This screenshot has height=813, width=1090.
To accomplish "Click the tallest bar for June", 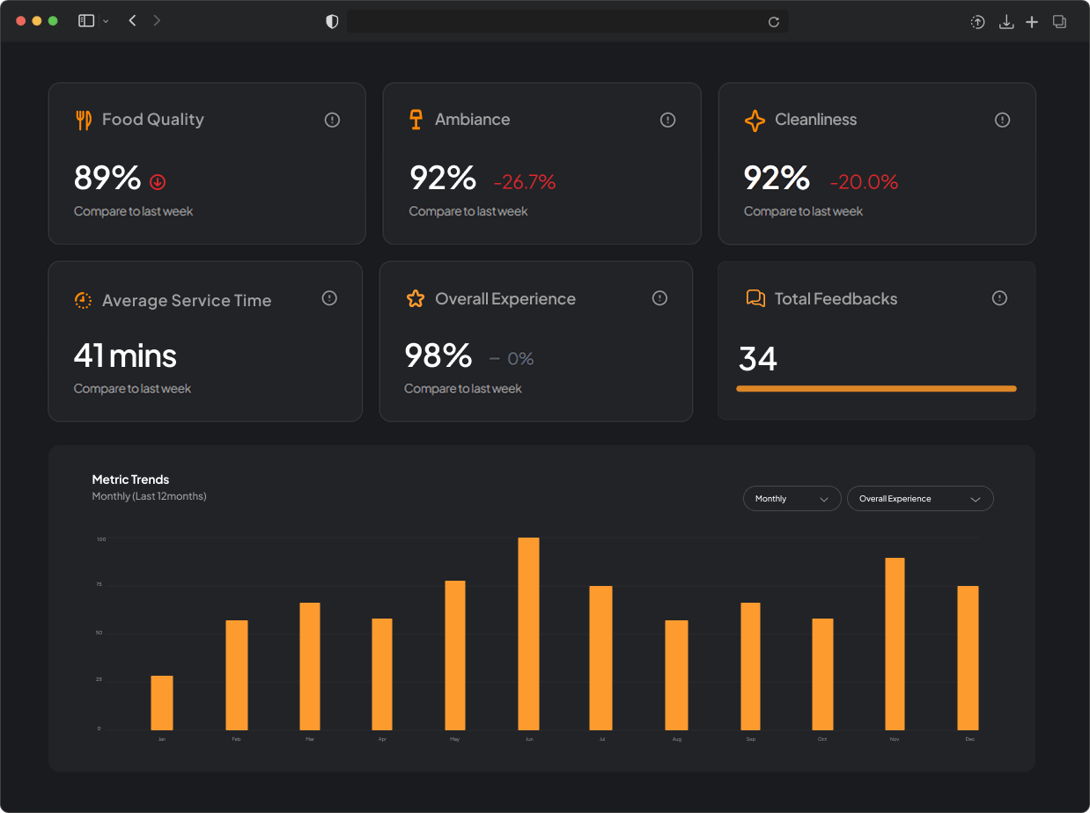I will click(528, 634).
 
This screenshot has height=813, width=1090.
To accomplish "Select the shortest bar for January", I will click(162, 702).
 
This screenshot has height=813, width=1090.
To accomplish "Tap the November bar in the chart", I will click(895, 643).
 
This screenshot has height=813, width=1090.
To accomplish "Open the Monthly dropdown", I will click(792, 499).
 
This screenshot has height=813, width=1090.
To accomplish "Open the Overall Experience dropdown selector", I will click(920, 499).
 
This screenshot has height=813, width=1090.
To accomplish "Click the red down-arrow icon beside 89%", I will click(158, 182).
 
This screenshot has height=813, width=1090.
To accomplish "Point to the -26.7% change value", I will click(525, 182).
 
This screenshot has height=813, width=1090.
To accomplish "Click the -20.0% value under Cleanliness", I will click(864, 182).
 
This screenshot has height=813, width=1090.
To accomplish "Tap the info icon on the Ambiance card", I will click(667, 120).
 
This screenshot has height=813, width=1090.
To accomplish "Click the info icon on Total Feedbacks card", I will click(999, 298).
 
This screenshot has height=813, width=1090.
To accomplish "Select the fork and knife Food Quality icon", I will click(84, 120).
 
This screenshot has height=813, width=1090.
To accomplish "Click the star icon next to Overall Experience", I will click(416, 299).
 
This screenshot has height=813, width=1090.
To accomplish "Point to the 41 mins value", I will click(125, 355).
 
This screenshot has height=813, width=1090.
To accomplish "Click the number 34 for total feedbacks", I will click(758, 359).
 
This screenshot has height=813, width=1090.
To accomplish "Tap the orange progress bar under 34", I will click(876, 388).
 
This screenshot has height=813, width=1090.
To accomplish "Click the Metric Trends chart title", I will click(130, 480).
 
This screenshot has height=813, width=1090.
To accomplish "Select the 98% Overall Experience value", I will click(438, 355).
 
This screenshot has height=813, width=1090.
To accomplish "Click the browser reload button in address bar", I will click(774, 22).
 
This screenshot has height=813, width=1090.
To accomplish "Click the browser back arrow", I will click(132, 20).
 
